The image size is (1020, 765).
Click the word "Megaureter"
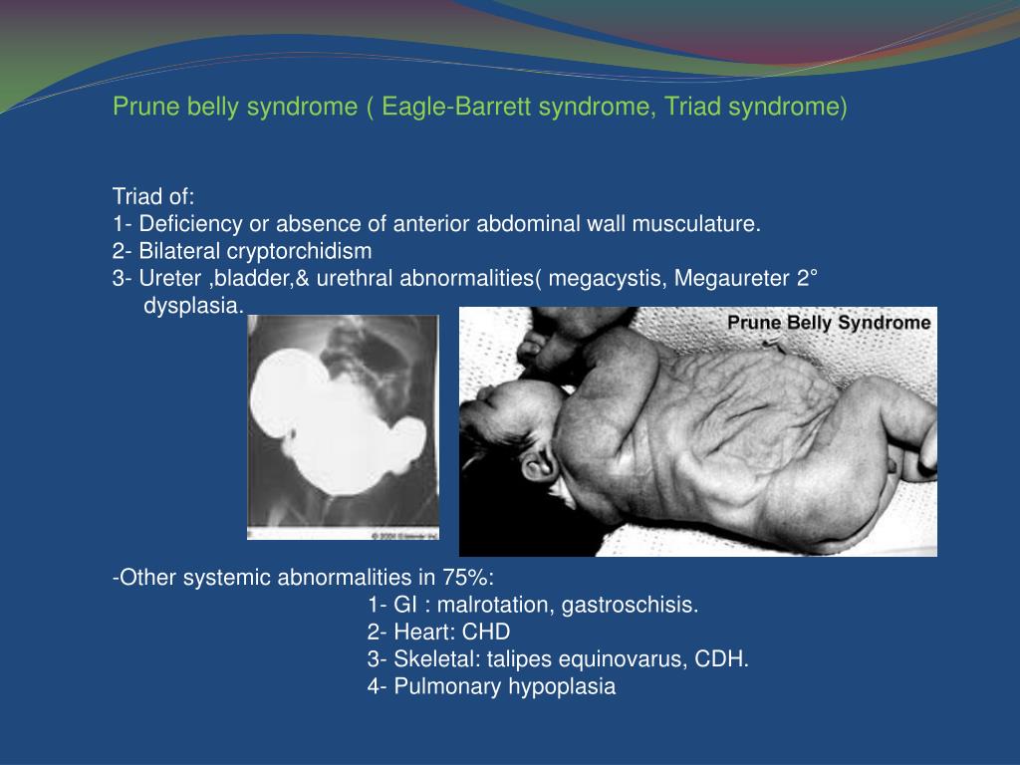coord(731,278)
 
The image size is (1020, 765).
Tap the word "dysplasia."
coord(193,305)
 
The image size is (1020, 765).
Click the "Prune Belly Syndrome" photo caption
coord(829,323)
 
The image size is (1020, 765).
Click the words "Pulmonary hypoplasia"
coord(505,685)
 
